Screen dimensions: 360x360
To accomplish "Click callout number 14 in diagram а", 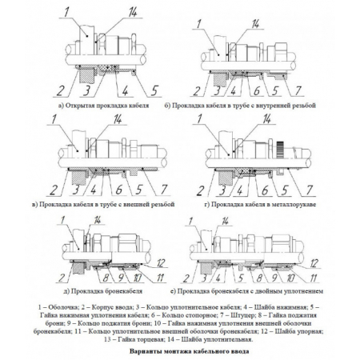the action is (133, 12).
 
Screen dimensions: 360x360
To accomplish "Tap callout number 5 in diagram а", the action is (154, 90).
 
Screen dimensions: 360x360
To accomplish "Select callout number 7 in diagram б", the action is (298, 90).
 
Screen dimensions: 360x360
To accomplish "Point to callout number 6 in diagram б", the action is (256, 90).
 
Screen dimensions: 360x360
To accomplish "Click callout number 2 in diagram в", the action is (54, 190).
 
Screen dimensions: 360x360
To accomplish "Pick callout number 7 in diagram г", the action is (309, 190).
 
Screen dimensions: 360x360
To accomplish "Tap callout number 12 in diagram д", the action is (161, 263).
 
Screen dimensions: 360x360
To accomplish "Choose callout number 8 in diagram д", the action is (106, 278).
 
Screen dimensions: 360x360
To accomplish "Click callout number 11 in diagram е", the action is (314, 278).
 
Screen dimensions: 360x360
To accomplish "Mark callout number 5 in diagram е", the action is (241, 278).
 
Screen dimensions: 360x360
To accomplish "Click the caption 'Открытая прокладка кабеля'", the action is (107, 106).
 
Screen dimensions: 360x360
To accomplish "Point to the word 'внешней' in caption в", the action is (137, 205).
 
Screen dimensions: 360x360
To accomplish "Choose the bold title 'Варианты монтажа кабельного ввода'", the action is (190, 351).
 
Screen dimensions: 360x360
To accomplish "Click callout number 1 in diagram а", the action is (66, 11).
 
